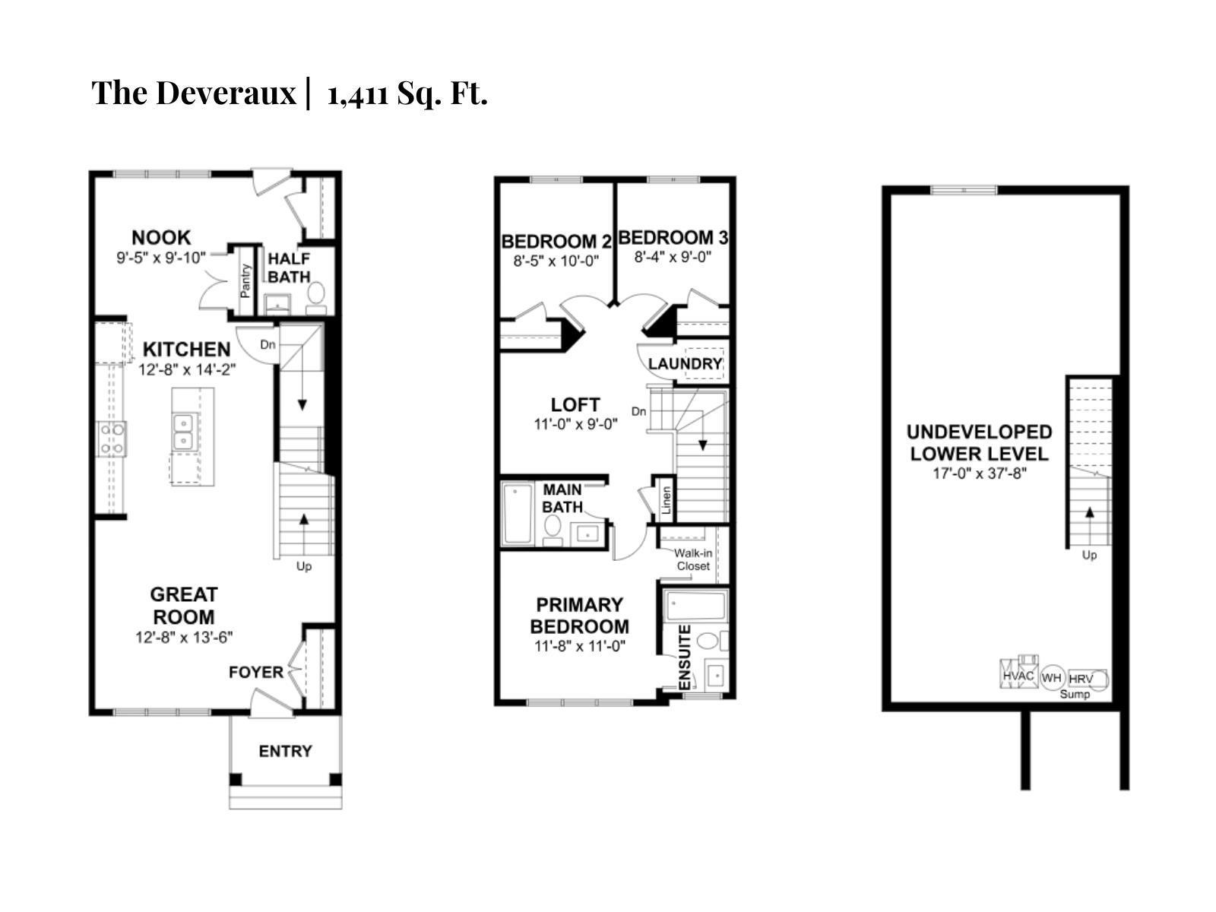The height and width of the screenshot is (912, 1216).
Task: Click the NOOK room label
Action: [161, 237]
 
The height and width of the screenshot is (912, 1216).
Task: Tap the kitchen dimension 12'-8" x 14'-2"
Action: [188, 370]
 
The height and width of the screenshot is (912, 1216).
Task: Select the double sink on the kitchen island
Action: [182, 432]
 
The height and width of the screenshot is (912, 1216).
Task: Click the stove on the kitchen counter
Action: [112, 439]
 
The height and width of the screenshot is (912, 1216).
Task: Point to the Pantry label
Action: [245, 280]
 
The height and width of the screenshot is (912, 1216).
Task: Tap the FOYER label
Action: [256, 672]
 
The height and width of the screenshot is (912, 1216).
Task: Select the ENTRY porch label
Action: [285, 751]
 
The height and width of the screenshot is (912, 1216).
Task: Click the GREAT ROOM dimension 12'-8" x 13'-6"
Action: [183, 638]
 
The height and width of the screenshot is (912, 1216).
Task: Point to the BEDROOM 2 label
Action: [556, 242]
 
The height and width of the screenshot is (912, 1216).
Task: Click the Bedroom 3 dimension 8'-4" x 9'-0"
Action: [673, 257]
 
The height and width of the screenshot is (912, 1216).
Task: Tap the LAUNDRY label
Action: [685, 364]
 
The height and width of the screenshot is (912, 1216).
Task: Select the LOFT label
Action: [575, 404]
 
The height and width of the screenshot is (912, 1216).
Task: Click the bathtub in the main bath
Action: [518, 515]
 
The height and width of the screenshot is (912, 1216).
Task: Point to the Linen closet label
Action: [667, 500]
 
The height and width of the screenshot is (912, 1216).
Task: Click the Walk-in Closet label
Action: [693, 559]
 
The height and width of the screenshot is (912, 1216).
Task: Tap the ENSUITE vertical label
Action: [685, 657]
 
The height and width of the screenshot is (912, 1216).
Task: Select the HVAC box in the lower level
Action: [1018, 674]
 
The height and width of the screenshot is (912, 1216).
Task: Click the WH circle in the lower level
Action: [1052, 677]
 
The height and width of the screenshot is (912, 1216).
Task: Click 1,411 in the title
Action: [356, 93]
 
